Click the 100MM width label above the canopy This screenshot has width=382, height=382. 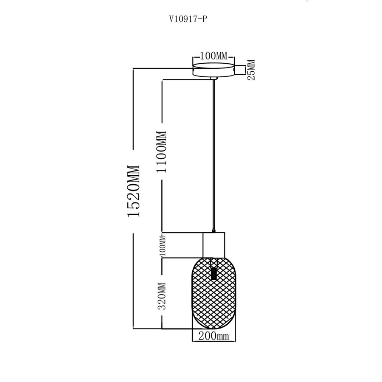(214, 56)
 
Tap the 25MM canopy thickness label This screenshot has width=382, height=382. (251, 70)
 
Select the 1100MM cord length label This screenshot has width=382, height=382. (161, 151)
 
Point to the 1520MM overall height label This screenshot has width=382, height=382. (133, 191)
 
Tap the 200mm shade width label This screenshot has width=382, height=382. (213, 337)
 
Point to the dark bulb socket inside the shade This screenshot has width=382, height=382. (214, 272)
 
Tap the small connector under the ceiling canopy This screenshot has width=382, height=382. (214, 79)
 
